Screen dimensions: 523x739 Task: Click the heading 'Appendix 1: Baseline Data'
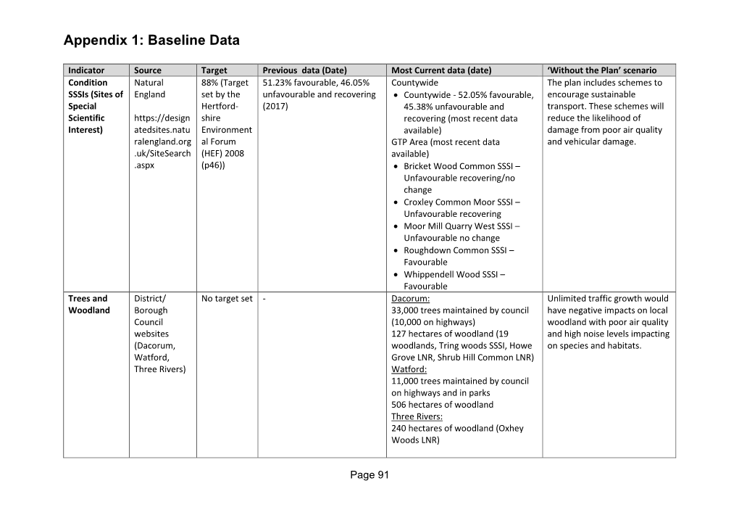[151, 41]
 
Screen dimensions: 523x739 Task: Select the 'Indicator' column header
[86, 70]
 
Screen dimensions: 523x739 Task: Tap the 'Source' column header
[148, 70]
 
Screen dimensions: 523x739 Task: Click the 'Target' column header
[214, 70]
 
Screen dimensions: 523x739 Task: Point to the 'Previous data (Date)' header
[305, 70]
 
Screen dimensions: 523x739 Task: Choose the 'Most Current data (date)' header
[441, 70]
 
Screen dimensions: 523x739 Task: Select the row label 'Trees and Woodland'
[88, 304]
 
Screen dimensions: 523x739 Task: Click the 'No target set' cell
[227, 298]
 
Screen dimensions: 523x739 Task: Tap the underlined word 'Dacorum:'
[411, 298]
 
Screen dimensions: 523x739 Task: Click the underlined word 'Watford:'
[409, 369]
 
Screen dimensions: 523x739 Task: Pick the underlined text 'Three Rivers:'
[417, 416]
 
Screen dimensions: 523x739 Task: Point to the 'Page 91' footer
[369, 475]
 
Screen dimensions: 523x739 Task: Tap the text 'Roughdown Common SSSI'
[455, 250]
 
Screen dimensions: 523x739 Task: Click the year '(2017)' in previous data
[275, 106]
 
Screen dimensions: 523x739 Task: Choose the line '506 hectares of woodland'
[442, 405]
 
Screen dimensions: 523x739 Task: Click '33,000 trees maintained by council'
[460, 310]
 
